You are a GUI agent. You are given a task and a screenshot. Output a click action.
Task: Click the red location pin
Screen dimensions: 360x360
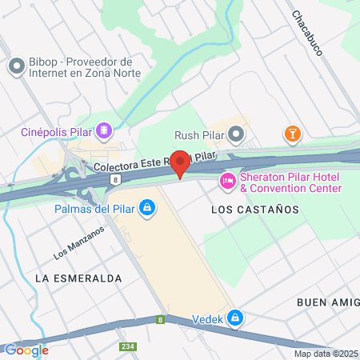click(x=180, y=162)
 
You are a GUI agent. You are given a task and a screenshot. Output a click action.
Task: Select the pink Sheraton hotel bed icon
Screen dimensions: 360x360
click(x=228, y=182)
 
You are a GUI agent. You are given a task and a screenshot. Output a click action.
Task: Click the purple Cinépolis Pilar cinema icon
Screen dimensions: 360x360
click(x=103, y=130)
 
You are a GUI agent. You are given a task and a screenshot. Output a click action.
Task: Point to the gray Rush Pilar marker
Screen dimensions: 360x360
click(x=235, y=134)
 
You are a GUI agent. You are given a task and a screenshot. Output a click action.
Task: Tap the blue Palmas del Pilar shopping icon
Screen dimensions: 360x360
click(x=146, y=209)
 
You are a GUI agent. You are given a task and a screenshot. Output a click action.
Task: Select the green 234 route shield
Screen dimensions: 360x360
click(x=126, y=346)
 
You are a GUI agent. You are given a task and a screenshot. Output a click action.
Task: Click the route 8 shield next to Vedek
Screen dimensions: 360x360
click(x=161, y=319)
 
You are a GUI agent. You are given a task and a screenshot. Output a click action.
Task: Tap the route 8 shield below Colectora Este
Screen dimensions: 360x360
click(x=116, y=180)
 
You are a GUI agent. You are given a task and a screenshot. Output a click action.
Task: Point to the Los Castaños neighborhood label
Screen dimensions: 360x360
click(x=254, y=209)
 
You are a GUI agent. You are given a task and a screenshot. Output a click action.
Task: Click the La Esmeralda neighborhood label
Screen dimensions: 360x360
click(x=78, y=278)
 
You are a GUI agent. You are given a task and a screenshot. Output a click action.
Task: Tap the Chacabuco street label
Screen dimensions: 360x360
click(x=306, y=34)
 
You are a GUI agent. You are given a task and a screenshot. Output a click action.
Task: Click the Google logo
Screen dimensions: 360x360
click(x=26, y=350)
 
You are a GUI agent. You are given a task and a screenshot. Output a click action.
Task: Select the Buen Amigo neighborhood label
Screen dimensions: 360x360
click(x=328, y=302)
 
